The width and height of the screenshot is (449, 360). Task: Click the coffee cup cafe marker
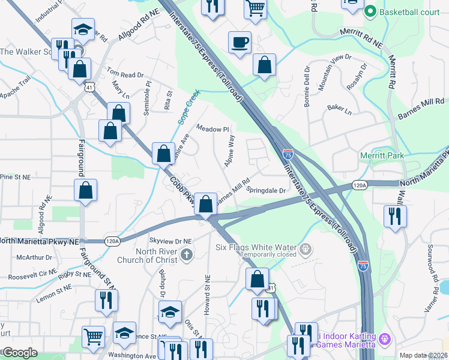(240, 43)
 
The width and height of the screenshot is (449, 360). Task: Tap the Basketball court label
(402, 11)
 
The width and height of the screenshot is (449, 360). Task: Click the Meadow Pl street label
(213, 129)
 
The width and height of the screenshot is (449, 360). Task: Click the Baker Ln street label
(339, 109)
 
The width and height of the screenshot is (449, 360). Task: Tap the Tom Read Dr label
(126, 75)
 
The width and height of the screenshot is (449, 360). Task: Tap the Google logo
(20, 353)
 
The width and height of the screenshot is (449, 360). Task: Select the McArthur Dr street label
(35, 257)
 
